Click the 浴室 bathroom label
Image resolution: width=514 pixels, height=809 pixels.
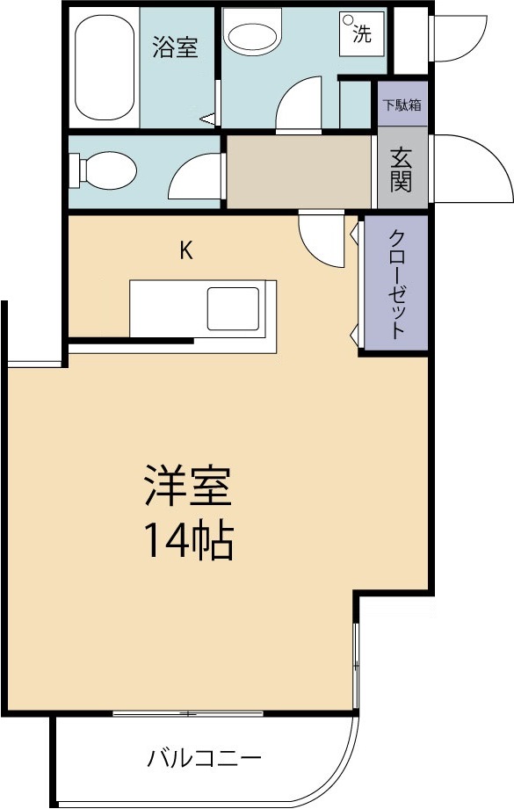coord(175,47)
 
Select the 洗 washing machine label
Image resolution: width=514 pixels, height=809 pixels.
coord(362,34)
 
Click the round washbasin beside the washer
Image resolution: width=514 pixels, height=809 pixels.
coord(253,36)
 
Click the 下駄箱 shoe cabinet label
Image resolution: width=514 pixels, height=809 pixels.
coord(402,105)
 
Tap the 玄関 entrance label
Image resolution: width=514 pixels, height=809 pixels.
coord(402,170)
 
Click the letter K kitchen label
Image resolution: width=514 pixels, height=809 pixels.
coord(185,250)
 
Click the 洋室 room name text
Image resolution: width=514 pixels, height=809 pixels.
coord(188,486)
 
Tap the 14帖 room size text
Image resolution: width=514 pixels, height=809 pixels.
coord(188,542)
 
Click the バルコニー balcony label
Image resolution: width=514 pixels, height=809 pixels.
coord(205,756)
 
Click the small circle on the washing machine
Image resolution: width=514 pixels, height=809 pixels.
coord(349,20)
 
